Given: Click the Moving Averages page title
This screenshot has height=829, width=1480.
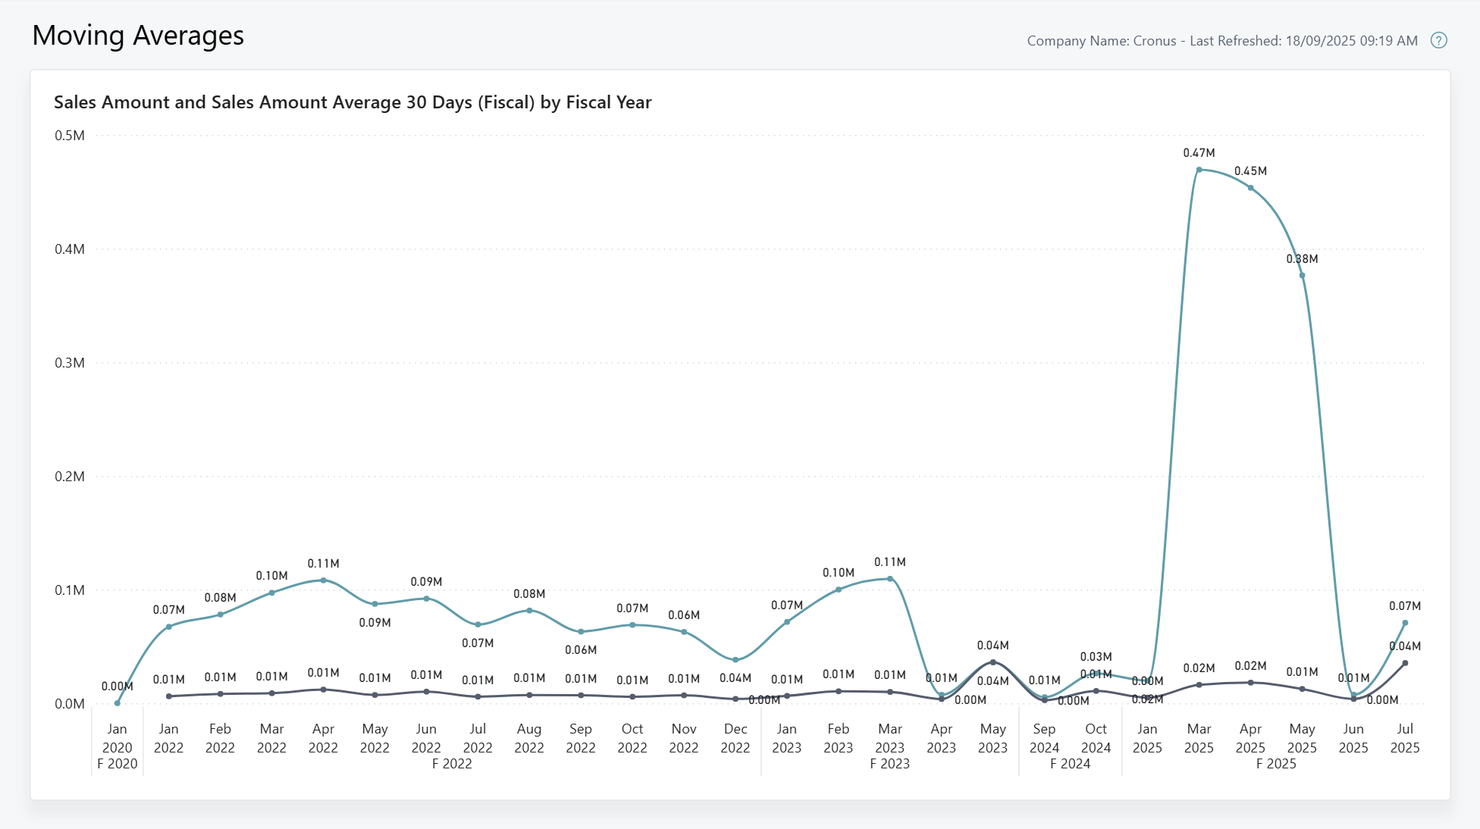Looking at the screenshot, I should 138,36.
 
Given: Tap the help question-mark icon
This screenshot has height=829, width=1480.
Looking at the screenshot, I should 1438,41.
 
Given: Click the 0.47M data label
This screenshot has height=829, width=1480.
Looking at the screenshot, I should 1199,153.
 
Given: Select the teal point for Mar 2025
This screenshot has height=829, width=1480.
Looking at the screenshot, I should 1199,170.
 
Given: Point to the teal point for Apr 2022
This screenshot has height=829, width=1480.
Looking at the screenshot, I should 324,580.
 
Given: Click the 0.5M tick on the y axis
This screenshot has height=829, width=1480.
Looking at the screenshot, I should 70,136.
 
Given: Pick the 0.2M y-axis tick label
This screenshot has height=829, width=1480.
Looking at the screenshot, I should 70,477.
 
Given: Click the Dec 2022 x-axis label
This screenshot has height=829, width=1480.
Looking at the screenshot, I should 735,738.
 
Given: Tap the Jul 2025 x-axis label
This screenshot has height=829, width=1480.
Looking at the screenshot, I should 1405,738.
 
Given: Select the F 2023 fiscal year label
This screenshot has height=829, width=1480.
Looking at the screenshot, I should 889,764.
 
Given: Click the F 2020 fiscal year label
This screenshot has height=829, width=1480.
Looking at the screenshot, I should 118,764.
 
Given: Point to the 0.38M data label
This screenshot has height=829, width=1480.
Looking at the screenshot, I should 1302,259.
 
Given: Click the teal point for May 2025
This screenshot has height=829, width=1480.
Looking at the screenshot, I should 1302,276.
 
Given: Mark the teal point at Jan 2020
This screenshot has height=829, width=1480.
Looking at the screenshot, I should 118,703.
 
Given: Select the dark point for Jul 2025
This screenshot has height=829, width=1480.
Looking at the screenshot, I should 1405,663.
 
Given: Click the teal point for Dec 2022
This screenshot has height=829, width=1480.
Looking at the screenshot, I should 735,660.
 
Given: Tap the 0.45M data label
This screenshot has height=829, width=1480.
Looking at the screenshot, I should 1250,171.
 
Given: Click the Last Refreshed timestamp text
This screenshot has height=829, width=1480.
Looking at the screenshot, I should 1303,41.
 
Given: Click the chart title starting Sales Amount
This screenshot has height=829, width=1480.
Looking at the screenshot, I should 353,102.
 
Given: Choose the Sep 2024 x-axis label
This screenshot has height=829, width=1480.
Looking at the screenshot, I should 1044,738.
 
